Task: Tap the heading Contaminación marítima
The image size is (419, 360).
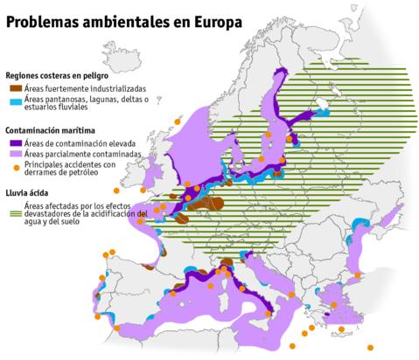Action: click(54, 130)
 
